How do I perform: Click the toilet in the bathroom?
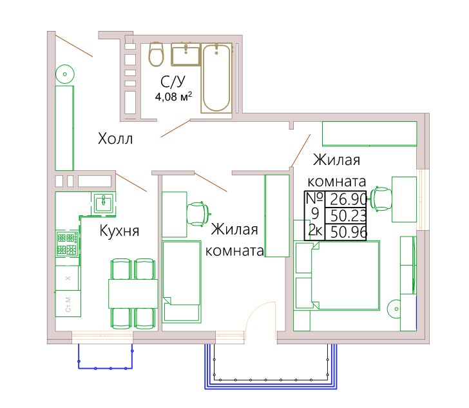click(156, 54)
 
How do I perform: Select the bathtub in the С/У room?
click(216, 78)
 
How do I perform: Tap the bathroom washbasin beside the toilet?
click(186, 55)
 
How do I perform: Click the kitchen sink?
click(104, 203)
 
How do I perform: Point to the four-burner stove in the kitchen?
click(68, 244)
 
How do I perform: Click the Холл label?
click(115, 139)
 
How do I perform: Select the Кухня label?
click(119, 231)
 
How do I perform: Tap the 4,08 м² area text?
click(173, 97)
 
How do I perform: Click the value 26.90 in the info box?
click(348, 199)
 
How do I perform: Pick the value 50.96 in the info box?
click(349, 232)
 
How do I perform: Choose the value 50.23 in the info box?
click(348, 215)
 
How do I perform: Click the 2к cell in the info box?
click(315, 231)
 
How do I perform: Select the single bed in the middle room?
click(182, 282)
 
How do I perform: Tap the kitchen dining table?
click(133, 294)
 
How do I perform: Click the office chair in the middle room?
click(197, 214)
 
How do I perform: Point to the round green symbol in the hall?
click(65, 74)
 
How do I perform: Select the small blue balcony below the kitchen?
click(105, 356)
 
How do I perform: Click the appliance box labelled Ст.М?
click(68, 304)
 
